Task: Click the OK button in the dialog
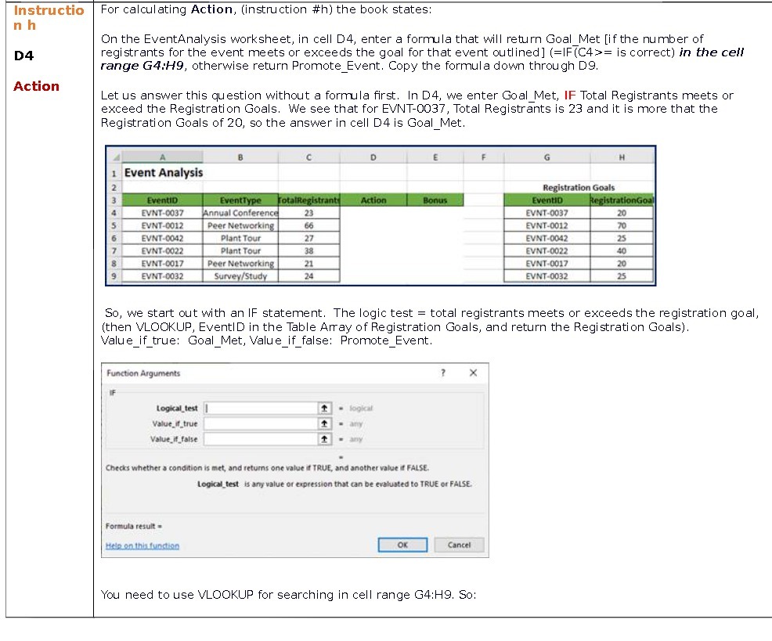[x=402, y=545]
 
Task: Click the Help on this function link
[x=142, y=546]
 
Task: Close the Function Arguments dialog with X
[x=473, y=373]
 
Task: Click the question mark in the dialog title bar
[x=443, y=373]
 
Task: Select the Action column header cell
[x=373, y=200]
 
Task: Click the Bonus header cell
[x=435, y=200]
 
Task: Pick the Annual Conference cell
[x=240, y=213]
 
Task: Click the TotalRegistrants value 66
[x=308, y=225]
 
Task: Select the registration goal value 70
[x=622, y=225]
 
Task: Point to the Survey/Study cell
[x=240, y=276]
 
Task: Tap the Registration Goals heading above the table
[x=579, y=188]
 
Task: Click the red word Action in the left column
[x=36, y=86]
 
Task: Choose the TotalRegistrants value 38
[x=308, y=251]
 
